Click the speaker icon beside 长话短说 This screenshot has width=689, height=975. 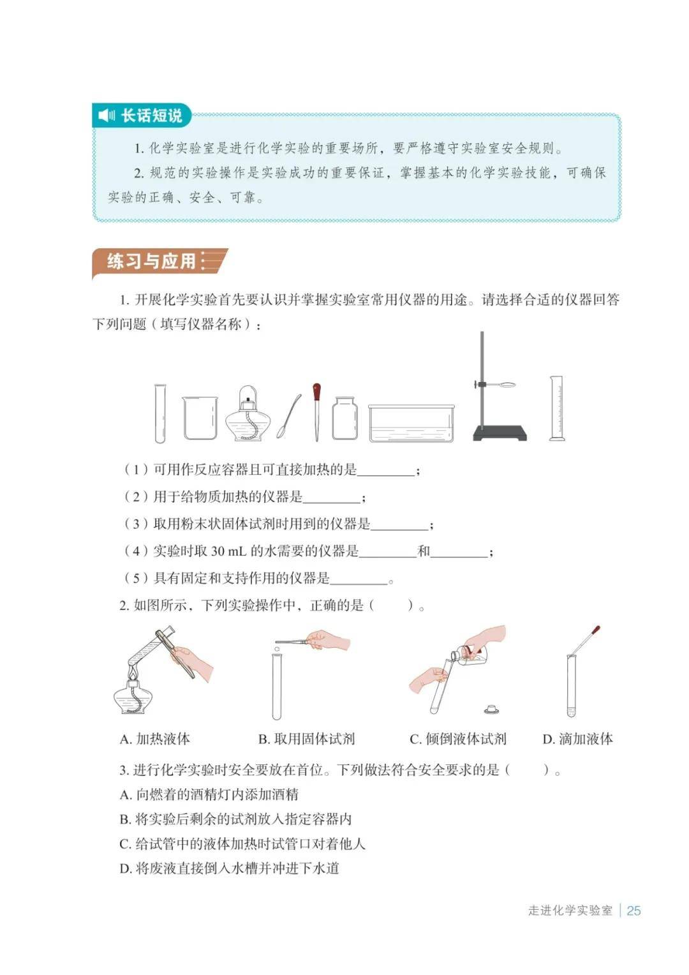pyautogui.click(x=106, y=115)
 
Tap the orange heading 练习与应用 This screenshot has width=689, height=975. pyautogui.click(x=151, y=261)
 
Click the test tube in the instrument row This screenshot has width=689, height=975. pyautogui.click(x=160, y=413)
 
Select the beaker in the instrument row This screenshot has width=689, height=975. pyautogui.click(x=200, y=417)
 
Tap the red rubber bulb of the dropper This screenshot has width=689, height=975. pyautogui.click(x=316, y=392)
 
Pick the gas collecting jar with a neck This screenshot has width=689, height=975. pyautogui.click(x=344, y=418)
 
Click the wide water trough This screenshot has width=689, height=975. pyautogui.click(x=411, y=423)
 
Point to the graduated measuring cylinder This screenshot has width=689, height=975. pyautogui.click(x=556, y=408)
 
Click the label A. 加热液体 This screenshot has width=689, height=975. pyautogui.click(x=154, y=739)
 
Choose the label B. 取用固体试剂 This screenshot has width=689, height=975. pyautogui.click(x=306, y=739)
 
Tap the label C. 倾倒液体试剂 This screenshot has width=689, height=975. pyautogui.click(x=458, y=739)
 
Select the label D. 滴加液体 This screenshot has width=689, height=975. pyautogui.click(x=577, y=739)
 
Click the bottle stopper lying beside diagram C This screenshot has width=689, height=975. pyautogui.click(x=491, y=709)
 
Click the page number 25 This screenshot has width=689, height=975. pyautogui.click(x=633, y=910)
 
